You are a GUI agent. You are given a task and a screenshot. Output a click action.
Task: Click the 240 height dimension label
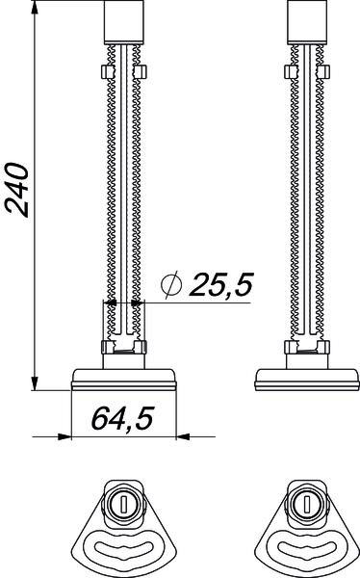16,190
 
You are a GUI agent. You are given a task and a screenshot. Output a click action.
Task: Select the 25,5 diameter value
221,284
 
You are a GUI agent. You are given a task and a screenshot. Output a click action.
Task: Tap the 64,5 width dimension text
122,418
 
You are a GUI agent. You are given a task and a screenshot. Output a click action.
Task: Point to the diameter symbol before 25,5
171,284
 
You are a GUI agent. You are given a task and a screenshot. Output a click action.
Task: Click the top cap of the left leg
124,22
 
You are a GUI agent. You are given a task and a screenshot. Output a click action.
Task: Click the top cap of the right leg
307,22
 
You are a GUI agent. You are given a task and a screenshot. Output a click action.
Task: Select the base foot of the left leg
124,380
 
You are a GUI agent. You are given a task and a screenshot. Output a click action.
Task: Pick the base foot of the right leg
307,380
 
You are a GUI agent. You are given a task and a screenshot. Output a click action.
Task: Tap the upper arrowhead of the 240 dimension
35,8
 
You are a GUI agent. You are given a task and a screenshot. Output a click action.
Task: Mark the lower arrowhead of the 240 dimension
35,383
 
